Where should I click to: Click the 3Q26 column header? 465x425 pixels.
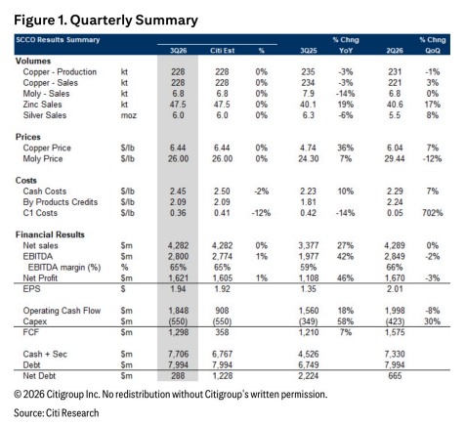click(x=178, y=51)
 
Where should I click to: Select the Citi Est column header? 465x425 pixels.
click(x=222, y=51)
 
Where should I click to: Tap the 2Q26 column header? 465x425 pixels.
click(x=395, y=51)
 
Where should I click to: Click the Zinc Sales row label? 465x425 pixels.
click(x=42, y=105)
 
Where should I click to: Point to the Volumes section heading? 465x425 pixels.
click(x=33, y=61)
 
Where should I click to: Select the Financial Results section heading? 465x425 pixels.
click(x=50, y=234)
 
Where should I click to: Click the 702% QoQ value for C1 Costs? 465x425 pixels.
click(x=433, y=213)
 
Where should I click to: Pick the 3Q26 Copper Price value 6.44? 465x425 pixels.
click(x=178, y=148)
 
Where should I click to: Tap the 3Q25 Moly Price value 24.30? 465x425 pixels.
click(x=309, y=158)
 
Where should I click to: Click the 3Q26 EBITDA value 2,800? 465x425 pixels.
click(x=178, y=256)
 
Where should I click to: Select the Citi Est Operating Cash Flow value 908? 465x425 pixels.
click(x=222, y=311)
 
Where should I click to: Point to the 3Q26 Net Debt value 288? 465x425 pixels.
click(x=178, y=376)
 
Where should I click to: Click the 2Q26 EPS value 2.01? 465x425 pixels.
click(x=395, y=289)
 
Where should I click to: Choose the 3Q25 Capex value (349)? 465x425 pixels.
click(x=309, y=321)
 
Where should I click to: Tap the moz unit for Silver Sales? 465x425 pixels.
click(x=129, y=115)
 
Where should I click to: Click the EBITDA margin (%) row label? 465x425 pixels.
click(x=64, y=268)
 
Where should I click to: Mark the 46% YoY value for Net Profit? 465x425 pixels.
click(x=346, y=278)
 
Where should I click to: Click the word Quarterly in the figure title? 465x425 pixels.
click(x=101, y=21)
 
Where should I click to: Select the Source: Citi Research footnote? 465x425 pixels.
click(x=57, y=413)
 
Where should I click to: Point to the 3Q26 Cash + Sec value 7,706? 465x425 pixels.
click(x=178, y=354)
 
